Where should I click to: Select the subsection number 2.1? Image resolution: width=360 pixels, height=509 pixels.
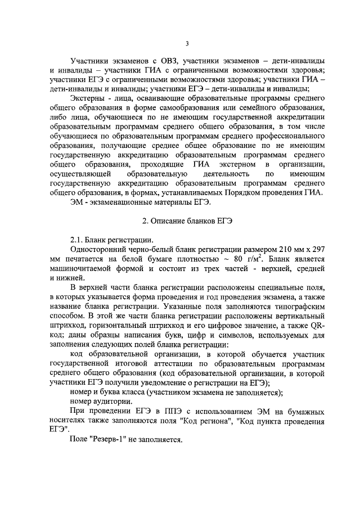click(78, 240)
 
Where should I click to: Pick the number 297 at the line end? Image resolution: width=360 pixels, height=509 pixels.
click(317, 249)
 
